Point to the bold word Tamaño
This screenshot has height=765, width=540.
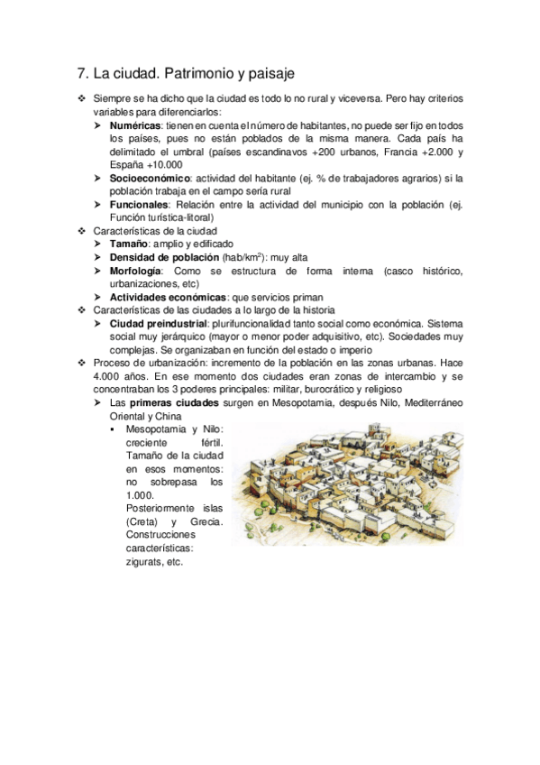[x=130, y=244]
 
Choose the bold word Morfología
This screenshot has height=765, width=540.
[x=136, y=271]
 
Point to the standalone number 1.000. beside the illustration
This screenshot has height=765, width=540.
[x=141, y=495]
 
